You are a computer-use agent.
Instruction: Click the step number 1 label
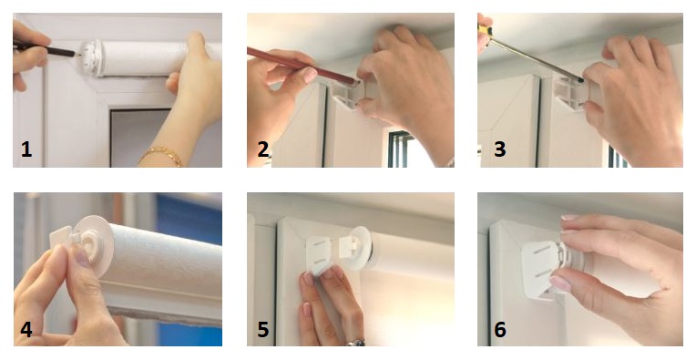point(26,149)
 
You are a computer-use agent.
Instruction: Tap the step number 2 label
point(263,149)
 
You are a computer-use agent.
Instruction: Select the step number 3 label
point(500,149)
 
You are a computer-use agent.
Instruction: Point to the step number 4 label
point(26,330)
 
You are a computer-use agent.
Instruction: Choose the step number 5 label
point(263,330)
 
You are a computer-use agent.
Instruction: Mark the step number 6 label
point(500,330)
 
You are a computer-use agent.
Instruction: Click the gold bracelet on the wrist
point(160,155)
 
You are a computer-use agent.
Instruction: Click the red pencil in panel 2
point(302,66)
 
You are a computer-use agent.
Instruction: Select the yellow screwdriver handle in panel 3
point(484,32)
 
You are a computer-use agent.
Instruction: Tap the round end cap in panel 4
point(94,244)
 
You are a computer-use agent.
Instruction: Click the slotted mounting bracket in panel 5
point(322,254)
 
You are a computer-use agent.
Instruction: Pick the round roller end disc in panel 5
point(362,249)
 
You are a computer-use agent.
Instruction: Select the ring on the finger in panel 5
point(355,343)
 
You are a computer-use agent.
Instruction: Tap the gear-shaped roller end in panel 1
point(92,58)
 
